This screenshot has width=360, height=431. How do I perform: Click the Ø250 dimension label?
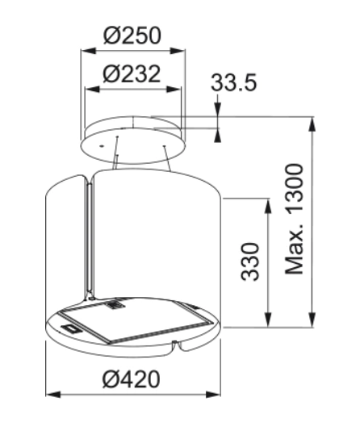pyautogui.click(x=132, y=36)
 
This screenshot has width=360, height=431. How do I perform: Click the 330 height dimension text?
pyautogui.click(x=250, y=260)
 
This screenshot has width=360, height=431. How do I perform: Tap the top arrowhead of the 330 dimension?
pyautogui.click(x=267, y=204)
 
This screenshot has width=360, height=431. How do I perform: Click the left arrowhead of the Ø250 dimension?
pyautogui.click(x=83, y=50)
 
